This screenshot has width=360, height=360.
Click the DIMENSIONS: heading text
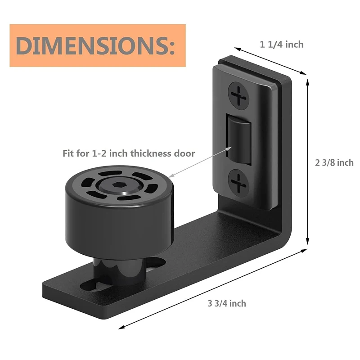click(95, 45)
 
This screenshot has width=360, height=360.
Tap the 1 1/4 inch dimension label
click(282, 44)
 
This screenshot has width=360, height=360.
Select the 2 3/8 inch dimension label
click(334, 162)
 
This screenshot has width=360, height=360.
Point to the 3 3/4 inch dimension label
click(227, 303)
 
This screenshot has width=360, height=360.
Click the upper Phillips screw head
click(238, 96)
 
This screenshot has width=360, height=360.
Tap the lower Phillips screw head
click(238, 183)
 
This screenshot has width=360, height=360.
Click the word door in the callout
click(184, 153)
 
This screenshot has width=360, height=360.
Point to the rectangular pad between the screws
click(239, 139)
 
